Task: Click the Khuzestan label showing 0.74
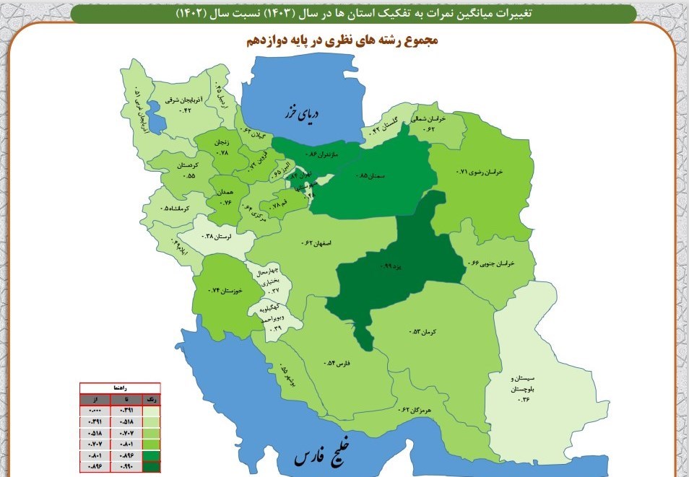224,289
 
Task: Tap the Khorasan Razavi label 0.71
480,172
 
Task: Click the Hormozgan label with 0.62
415,410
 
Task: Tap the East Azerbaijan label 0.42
178,104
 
